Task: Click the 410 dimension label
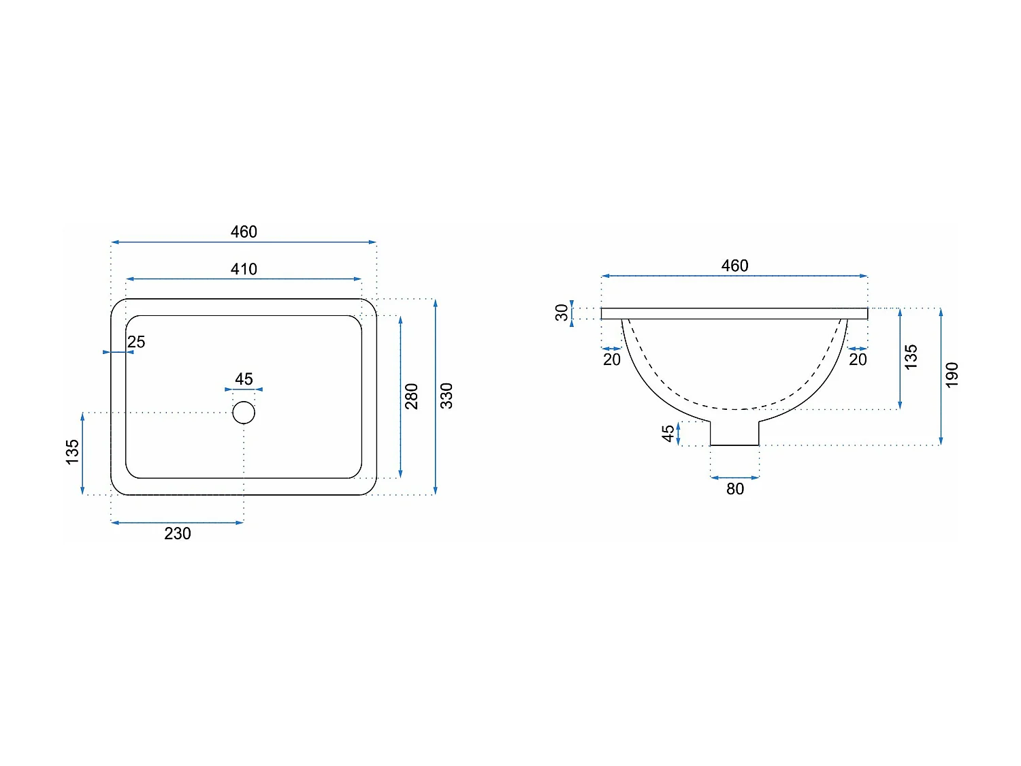coord(244,269)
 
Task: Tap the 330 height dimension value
coord(447,396)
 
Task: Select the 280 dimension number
coord(412,396)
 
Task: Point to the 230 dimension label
coord(178,533)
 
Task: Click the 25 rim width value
coord(136,342)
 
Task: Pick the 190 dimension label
coord(952,375)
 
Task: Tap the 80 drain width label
coord(735,489)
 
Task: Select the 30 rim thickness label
coord(562,313)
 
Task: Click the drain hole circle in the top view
coord(244,413)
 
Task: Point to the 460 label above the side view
coord(735,266)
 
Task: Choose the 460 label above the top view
coord(244,232)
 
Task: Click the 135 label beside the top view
coord(72,452)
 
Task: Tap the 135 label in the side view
coord(911,357)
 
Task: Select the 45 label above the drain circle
coord(244,379)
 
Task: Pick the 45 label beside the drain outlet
coord(668,433)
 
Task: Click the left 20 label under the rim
coord(612,360)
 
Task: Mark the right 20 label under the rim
coord(858,360)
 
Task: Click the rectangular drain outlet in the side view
coord(734,433)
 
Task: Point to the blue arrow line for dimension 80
coord(734,478)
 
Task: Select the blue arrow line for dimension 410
coord(244,279)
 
